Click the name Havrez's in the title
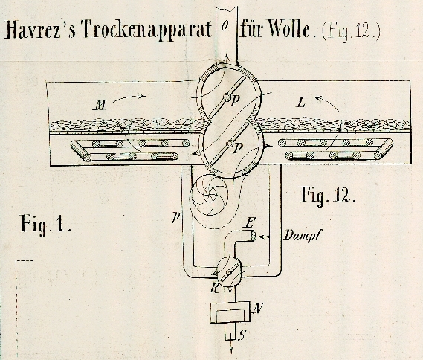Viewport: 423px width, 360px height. tap(39, 29)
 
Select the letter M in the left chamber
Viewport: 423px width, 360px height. tap(100, 106)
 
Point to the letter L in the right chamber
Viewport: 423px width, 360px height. tap(301, 103)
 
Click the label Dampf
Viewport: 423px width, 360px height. tap(302, 236)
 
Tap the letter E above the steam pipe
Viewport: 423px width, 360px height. tap(249, 223)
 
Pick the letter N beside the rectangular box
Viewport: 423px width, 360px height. tap(259, 308)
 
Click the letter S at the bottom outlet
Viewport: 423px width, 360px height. tap(242, 335)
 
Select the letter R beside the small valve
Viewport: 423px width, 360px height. tap(215, 288)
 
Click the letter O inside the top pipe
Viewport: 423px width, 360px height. tap(224, 26)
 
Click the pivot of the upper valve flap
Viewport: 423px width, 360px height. tap(227, 97)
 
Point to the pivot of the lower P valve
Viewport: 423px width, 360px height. tap(230, 144)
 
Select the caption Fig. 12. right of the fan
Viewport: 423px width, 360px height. tap(326, 195)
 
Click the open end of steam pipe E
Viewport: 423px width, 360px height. tap(253, 235)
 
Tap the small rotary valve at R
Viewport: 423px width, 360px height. tap(228, 272)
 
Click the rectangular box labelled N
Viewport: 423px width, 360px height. tap(230, 312)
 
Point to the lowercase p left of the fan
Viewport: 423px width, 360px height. tap(176, 216)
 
